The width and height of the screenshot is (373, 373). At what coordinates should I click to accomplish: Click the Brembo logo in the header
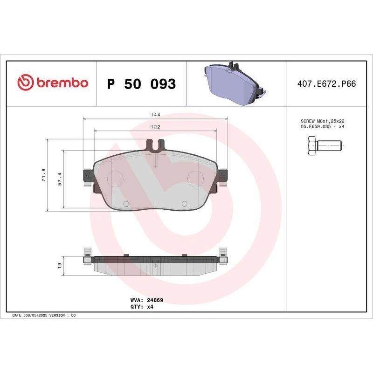click(53, 83)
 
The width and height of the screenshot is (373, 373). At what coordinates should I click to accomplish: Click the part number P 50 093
click(141, 84)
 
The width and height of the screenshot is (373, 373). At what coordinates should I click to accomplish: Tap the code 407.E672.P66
click(326, 84)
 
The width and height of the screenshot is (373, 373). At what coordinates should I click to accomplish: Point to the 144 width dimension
click(155, 115)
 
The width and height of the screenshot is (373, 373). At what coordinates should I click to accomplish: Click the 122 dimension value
click(155, 127)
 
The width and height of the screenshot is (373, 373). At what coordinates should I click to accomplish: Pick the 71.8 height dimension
click(43, 175)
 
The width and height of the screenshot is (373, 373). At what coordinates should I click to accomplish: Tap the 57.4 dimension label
click(60, 179)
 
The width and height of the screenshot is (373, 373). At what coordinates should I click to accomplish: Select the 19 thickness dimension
click(60, 265)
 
